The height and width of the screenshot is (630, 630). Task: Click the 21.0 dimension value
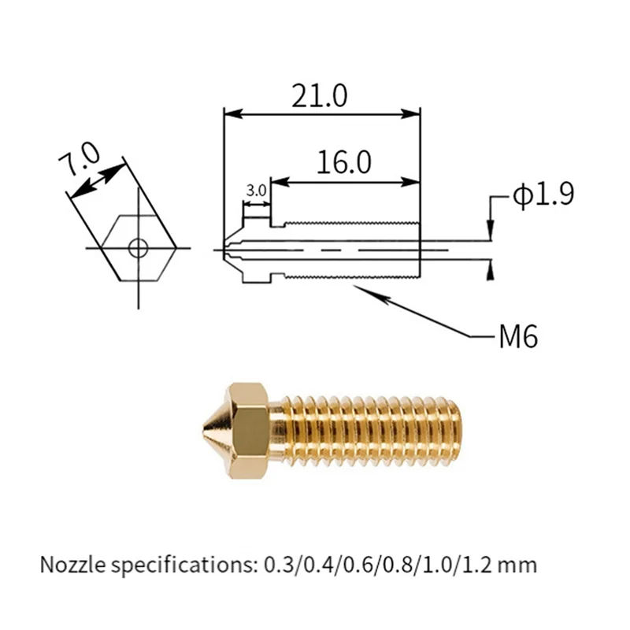point(319,95)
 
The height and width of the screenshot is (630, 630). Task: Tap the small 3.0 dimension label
point(256,191)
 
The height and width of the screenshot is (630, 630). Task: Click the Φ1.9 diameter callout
point(543,195)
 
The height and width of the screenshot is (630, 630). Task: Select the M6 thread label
point(517,337)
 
